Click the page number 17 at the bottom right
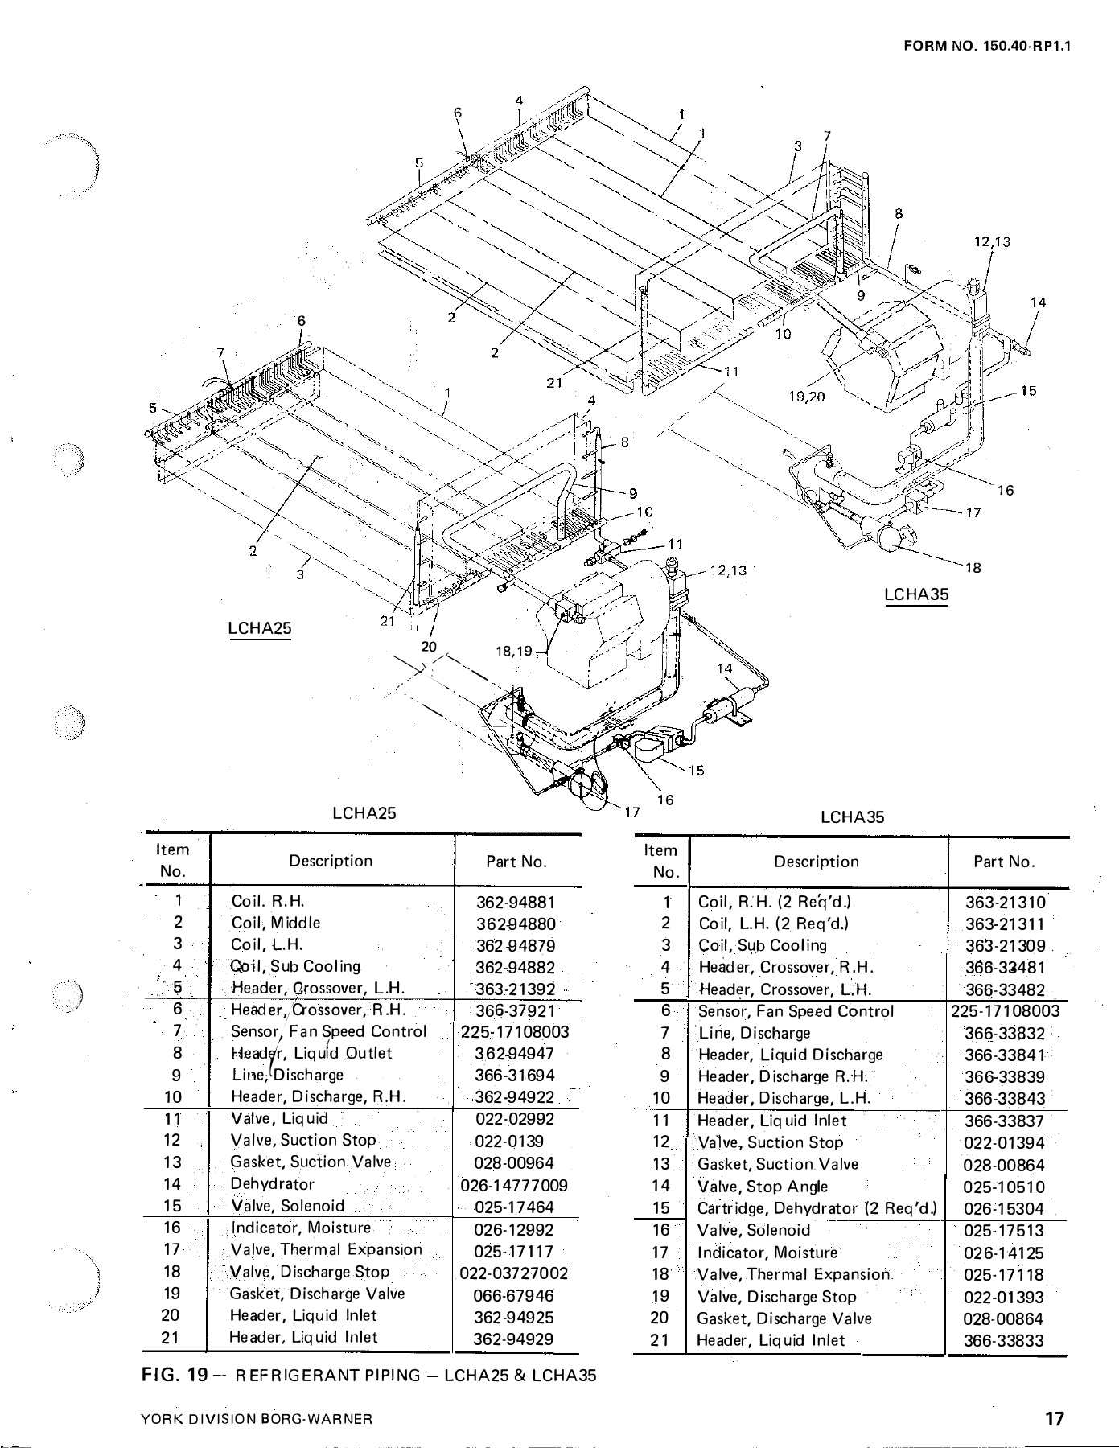pyautogui.click(x=1055, y=1418)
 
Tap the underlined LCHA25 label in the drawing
pyautogui.click(x=259, y=627)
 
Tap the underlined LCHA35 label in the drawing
pyautogui.click(x=916, y=594)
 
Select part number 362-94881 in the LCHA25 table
pyautogui.click(x=516, y=903)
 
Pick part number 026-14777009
pyautogui.click(x=514, y=1186)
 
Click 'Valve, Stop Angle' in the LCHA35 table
pyautogui.click(x=763, y=1187)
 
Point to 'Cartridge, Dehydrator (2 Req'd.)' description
pyautogui.click(x=817, y=1208)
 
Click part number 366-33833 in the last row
pyautogui.click(x=1004, y=1340)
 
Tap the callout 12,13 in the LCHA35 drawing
pyautogui.click(x=991, y=241)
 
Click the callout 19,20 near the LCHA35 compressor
pyautogui.click(x=807, y=396)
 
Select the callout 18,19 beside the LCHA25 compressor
pyautogui.click(x=514, y=652)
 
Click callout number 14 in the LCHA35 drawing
pyautogui.click(x=1038, y=302)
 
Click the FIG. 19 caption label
pyautogui.click(x=175, y=1375)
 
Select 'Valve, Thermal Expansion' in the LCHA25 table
pyautogui.click(x=326, y=1250)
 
